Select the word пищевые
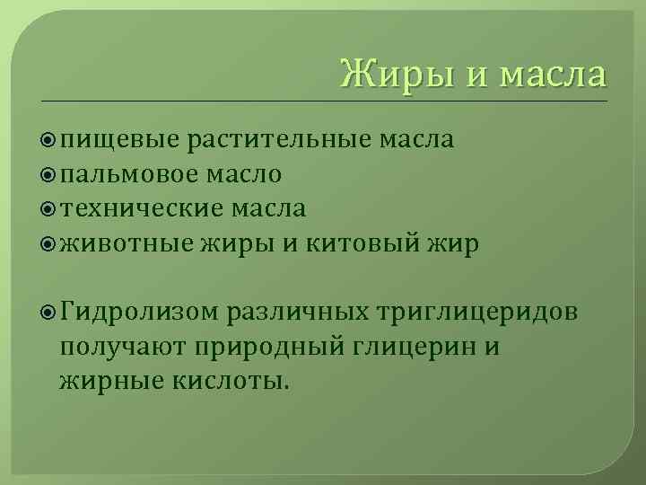120,139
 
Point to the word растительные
281,139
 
